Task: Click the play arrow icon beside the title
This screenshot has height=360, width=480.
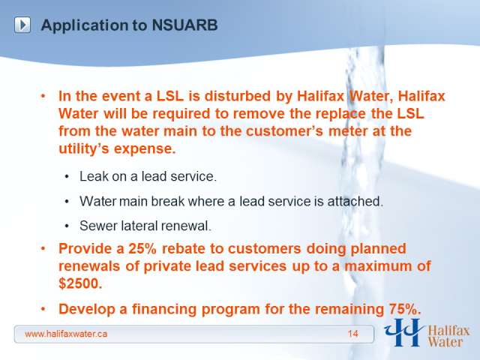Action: [x=22, y=25]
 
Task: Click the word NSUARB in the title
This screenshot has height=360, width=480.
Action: [x=184, y=25]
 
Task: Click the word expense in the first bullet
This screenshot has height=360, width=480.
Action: [x=145, y=149]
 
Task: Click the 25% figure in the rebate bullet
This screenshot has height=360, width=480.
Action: [x=142, y=248]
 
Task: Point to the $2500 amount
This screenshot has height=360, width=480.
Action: [x=80, y=283]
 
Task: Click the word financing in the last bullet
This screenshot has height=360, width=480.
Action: [x=165, y=309]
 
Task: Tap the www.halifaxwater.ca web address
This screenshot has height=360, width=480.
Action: [x=66, y=334]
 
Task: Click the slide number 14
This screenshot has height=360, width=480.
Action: [x=353, y=334]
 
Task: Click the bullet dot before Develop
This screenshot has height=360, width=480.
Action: [x=43, y=309]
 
